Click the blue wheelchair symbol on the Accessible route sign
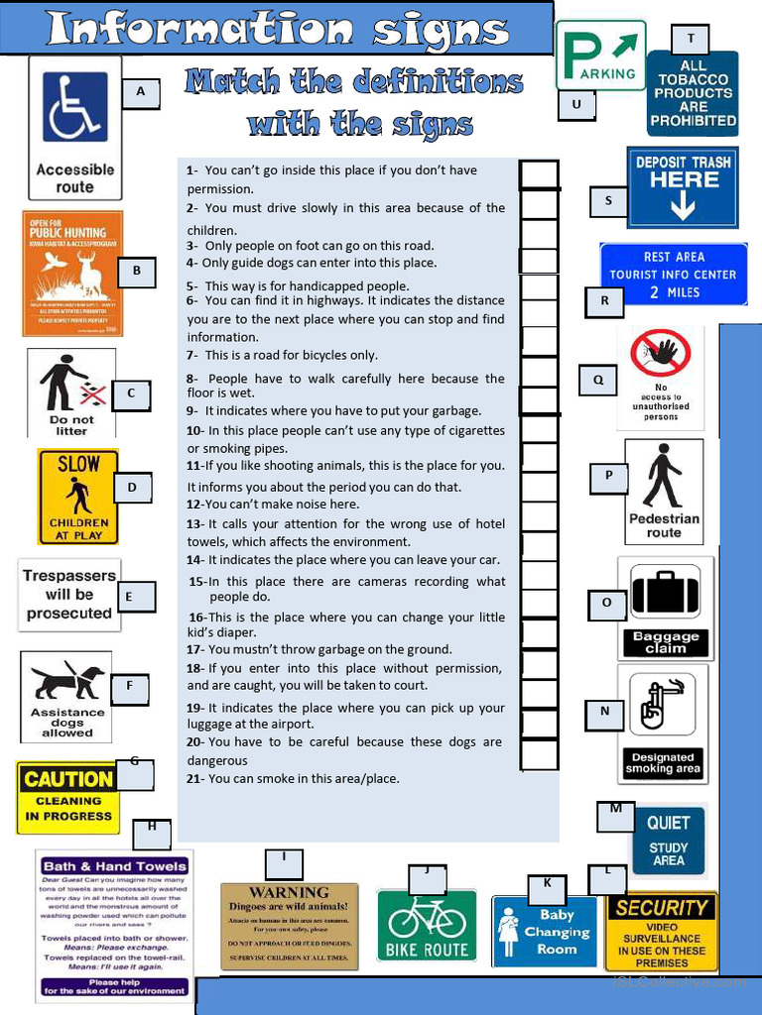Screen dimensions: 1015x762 coord(75,106)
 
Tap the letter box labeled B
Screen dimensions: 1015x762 coord(137,271)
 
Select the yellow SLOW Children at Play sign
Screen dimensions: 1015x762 coord(78,497)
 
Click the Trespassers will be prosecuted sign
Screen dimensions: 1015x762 coord(69,595)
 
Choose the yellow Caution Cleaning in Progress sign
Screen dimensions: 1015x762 coord(67,797)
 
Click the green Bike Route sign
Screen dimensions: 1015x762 coord(426,925)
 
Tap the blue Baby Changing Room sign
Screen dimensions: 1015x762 coord(545,932)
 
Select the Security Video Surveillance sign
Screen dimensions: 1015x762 coord(661,933)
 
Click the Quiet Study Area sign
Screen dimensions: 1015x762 coord(668,841)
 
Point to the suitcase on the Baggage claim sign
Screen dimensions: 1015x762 coord(665,594)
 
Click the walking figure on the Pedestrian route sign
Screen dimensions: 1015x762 coord(663,477)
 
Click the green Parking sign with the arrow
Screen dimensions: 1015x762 coord(600,56)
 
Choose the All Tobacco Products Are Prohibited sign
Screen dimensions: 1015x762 coord(693,93)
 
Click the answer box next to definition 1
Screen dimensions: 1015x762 coord(539,174)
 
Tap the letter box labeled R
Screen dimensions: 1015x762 coord(604,301)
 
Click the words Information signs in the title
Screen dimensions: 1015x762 coord(277,29)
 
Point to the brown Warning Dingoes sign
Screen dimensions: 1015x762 coord(289,926)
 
